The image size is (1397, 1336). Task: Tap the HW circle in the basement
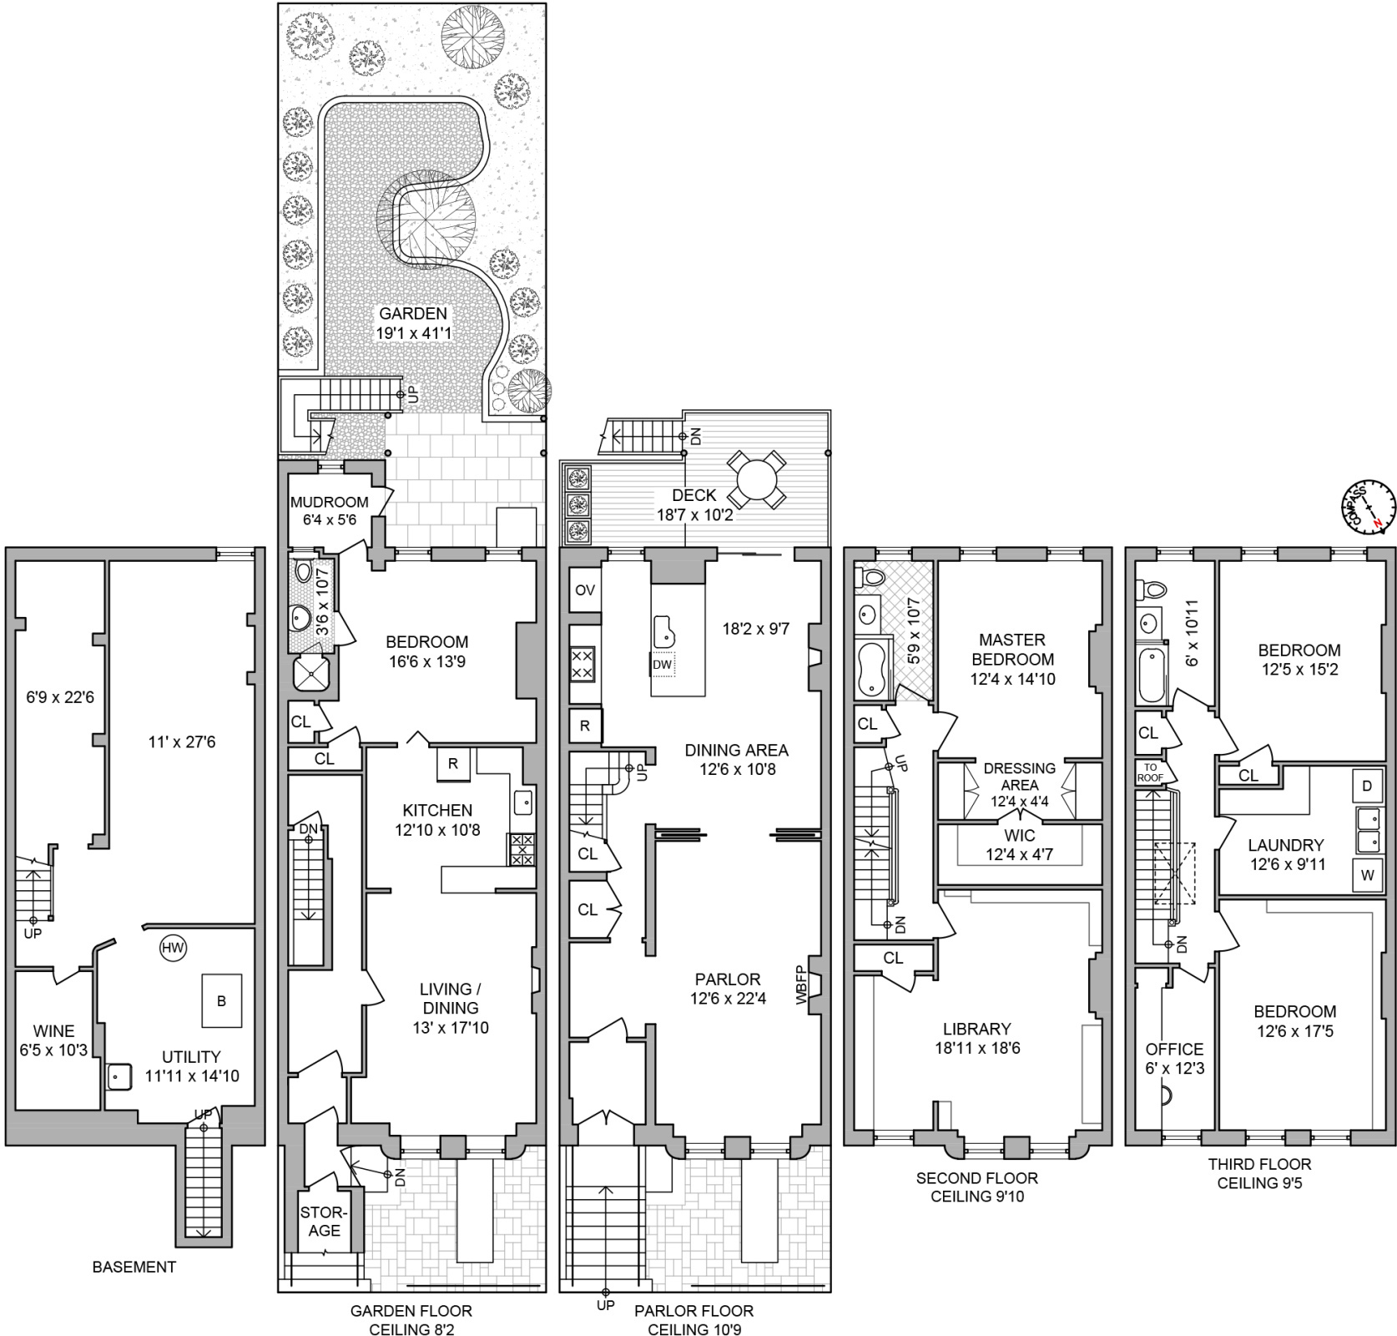pos(173,948)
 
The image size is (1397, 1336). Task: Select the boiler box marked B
pos(221,1000)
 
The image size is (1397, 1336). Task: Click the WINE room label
pos(53,1031)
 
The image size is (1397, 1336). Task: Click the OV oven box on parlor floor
pos(585,590)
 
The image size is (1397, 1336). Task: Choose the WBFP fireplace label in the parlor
pos(800,985)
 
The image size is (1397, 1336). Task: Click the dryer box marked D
pos(1367,786)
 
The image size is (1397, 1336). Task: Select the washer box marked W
pos(1367,876)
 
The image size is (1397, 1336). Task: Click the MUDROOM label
pos(330,502)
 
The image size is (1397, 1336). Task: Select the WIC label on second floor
pos(1020,835)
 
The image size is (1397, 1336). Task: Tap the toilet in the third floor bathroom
pos(1156,590)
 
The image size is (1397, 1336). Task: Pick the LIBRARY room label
pos(976,1029)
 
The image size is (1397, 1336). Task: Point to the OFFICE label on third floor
pos(1174,1049)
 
